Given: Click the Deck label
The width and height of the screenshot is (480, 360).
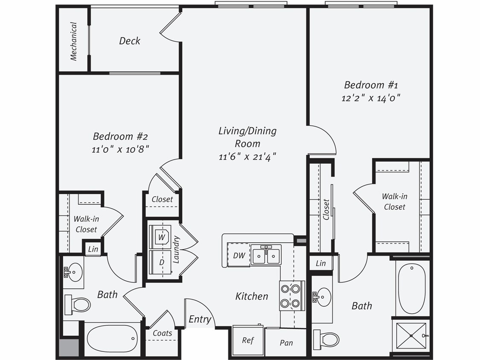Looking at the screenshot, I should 129,41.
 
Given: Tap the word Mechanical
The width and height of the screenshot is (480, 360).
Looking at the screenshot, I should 73,41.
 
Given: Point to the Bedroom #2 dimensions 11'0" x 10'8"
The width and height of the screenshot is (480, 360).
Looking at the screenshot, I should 121,149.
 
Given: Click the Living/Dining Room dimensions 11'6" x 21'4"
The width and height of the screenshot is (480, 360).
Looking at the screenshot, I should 247,157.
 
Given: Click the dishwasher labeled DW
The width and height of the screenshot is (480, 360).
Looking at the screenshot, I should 239,255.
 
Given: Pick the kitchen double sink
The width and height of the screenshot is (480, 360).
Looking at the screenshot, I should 265,255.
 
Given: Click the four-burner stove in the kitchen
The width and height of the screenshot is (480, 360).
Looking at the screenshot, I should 292,296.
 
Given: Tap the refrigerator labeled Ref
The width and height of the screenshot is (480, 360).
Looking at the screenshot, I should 248,340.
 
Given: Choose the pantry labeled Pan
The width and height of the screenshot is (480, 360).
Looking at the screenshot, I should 286,343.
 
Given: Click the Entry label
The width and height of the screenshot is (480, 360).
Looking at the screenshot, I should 200,319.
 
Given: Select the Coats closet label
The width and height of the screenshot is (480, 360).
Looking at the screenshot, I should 162,333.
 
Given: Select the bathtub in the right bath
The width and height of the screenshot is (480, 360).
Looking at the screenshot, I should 411,289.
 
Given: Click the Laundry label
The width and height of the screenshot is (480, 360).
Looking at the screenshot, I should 176,249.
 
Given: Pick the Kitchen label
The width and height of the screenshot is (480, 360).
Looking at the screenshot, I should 252,296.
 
